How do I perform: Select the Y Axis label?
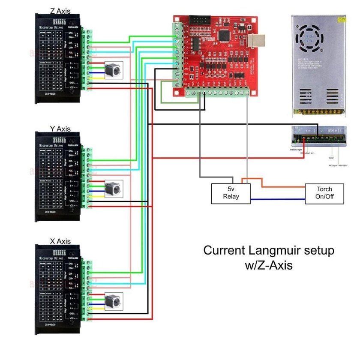pos(60,129)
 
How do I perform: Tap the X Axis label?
pos(60,242)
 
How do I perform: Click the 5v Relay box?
pos(231,193)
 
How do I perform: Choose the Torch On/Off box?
pos(324,193)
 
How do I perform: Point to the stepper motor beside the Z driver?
pos(113,69)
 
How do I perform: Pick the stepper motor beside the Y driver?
pos(113,188)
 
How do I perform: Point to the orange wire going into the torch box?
pos(283,187)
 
